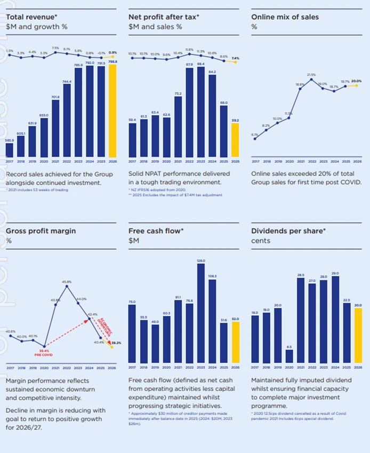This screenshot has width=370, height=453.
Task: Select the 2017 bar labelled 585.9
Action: pyautogui.click(x=10, y=150)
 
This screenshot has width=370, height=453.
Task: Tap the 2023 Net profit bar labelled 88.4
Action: pyautogui.click(x=201, y=112)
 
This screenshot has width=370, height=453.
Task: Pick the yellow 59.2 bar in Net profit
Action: pyautogui.click(x=235, y=140)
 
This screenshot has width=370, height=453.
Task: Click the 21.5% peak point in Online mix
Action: pyautogui.click(x=311, y=79)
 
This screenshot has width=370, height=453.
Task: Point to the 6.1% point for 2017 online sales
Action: pyautogui.click(x=255, y=139)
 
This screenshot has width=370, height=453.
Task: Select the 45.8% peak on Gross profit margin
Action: pyautogui.click(x=67, y=286)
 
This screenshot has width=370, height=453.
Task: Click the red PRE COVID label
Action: pyautogui.click(x=44, y=354)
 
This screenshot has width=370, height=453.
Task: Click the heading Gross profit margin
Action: pyautogui.click(x=41, y=231)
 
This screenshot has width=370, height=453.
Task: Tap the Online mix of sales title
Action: pyautogui.click(x=285, y=17)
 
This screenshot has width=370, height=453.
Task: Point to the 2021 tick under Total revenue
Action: pyautogui.click(x=55, y=161)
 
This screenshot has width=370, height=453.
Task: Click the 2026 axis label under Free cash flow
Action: pyautogui.click(x=235, y=368)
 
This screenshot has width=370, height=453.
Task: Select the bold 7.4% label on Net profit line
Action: pyautogui.click(x=236, y=58)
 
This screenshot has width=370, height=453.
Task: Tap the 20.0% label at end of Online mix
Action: pyautogui.click(x=356, y=81)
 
